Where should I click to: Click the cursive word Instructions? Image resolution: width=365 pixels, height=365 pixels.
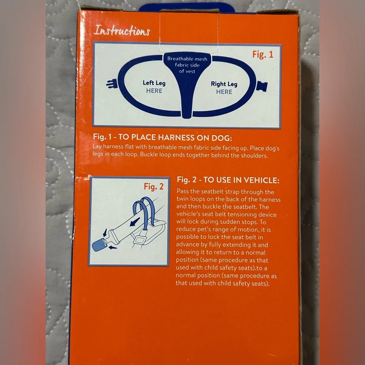122,31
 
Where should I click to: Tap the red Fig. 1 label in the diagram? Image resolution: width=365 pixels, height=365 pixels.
262,54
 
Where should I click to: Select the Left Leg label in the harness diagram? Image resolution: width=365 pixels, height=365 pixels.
154,83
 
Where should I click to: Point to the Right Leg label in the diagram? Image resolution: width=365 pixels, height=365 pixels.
224,84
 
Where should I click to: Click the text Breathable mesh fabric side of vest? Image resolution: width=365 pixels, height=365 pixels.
187,65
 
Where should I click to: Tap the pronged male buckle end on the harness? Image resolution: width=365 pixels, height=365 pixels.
112,83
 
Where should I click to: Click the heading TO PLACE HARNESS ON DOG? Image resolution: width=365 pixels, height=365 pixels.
175,137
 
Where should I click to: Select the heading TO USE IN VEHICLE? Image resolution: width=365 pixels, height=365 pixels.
241,180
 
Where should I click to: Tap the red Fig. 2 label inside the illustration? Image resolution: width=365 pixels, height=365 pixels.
154,187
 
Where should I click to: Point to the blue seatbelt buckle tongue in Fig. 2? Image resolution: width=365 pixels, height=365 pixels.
99,245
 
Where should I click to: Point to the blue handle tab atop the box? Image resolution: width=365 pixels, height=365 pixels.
187,8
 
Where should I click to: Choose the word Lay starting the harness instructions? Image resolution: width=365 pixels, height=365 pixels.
97,146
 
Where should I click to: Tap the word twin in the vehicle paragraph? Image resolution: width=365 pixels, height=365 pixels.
182,199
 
